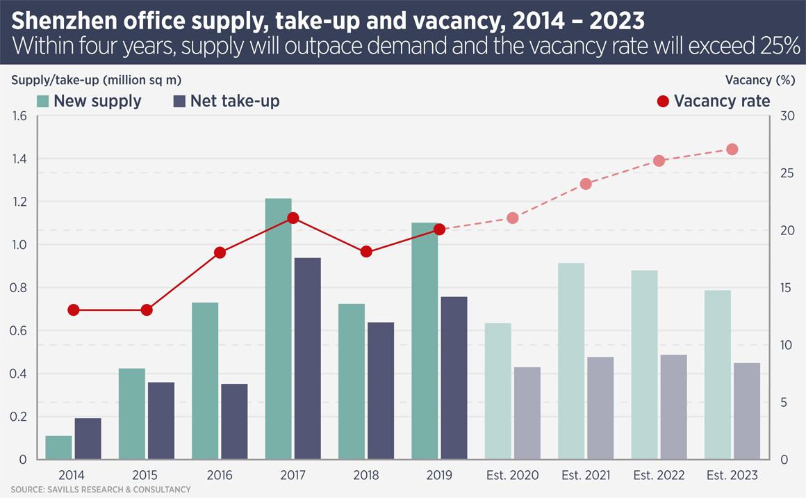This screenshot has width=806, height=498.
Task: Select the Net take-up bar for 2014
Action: pos(88,438)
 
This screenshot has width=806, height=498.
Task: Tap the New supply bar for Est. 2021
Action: pos(571,361)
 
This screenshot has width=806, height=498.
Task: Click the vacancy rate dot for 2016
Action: pos(220,252)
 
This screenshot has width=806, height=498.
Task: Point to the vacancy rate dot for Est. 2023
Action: pos(732,150)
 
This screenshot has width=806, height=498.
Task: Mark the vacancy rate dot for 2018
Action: pos(367,252)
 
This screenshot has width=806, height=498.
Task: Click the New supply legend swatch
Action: pos(43,101)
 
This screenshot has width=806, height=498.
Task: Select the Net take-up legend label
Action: pos(236,101)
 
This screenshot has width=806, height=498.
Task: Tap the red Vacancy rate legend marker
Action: pos(662,102)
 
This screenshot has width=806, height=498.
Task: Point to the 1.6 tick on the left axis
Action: pos(19,116)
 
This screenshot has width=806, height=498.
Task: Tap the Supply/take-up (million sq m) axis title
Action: pos(97,80)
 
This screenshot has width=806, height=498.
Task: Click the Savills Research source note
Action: pos(100,490)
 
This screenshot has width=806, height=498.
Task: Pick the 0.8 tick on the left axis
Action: pos(19,288)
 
